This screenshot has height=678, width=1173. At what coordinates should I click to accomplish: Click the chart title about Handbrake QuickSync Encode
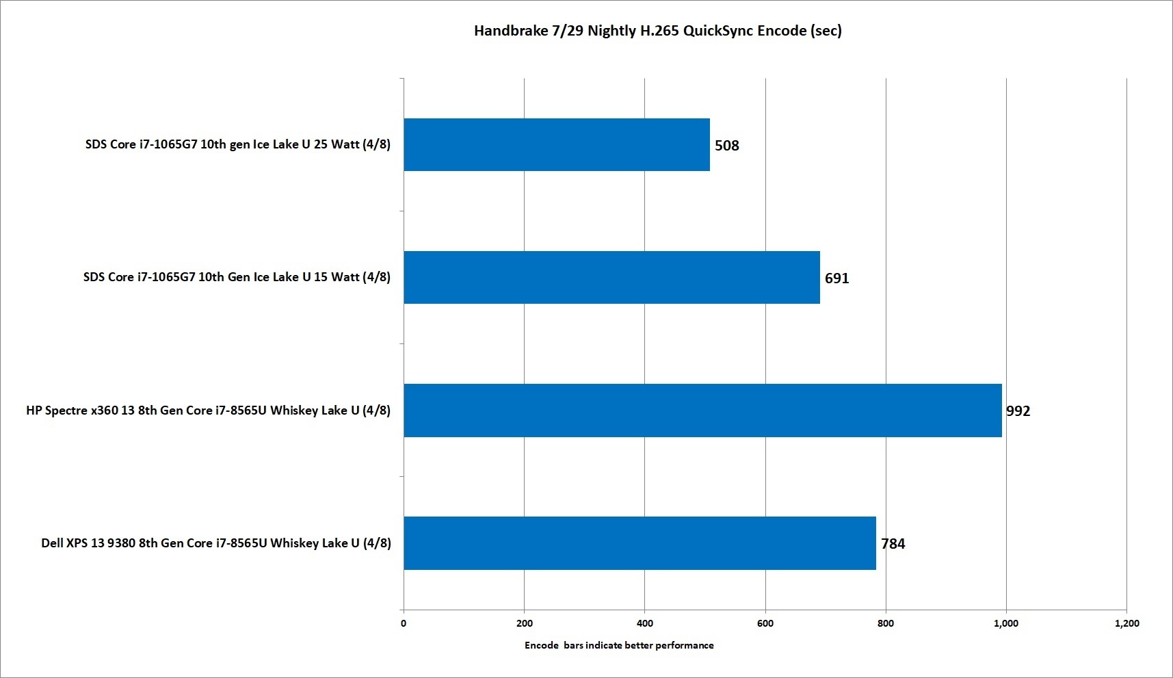point(657,31)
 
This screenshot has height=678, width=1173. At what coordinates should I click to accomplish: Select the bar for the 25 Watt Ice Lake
point(556,144)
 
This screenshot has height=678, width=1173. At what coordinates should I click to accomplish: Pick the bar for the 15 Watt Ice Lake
point(611,277)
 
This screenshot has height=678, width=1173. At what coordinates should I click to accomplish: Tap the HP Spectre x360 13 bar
point(702,410)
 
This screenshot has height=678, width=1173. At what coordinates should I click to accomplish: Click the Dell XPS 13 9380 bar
point(640,543)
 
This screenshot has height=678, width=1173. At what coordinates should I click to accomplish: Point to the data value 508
point(726,145)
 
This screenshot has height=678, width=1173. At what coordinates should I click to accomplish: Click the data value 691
point(836,278)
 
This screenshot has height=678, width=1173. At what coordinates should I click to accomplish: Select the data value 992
point(1018,410)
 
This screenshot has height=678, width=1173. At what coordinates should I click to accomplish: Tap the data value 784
point(893,543)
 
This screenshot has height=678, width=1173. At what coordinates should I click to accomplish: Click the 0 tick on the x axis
point(404,623)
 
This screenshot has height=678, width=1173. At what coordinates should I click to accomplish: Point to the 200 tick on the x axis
point(525,623)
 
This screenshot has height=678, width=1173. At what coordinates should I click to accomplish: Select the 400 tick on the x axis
point(644,623)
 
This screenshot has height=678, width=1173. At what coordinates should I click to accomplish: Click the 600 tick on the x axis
point(765,623)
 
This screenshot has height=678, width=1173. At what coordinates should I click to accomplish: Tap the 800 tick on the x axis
point(886,623)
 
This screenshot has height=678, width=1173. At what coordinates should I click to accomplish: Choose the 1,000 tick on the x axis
point(1006,623)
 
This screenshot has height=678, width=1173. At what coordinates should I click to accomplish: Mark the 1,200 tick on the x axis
point(1126,623)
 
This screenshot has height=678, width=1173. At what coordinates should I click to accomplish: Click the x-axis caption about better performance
point(619,645)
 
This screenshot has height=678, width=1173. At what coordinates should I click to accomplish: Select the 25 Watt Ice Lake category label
point(237,144)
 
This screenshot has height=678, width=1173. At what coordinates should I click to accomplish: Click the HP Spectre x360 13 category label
point(208,410)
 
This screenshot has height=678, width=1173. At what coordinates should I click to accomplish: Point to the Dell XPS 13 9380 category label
point(216,543)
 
